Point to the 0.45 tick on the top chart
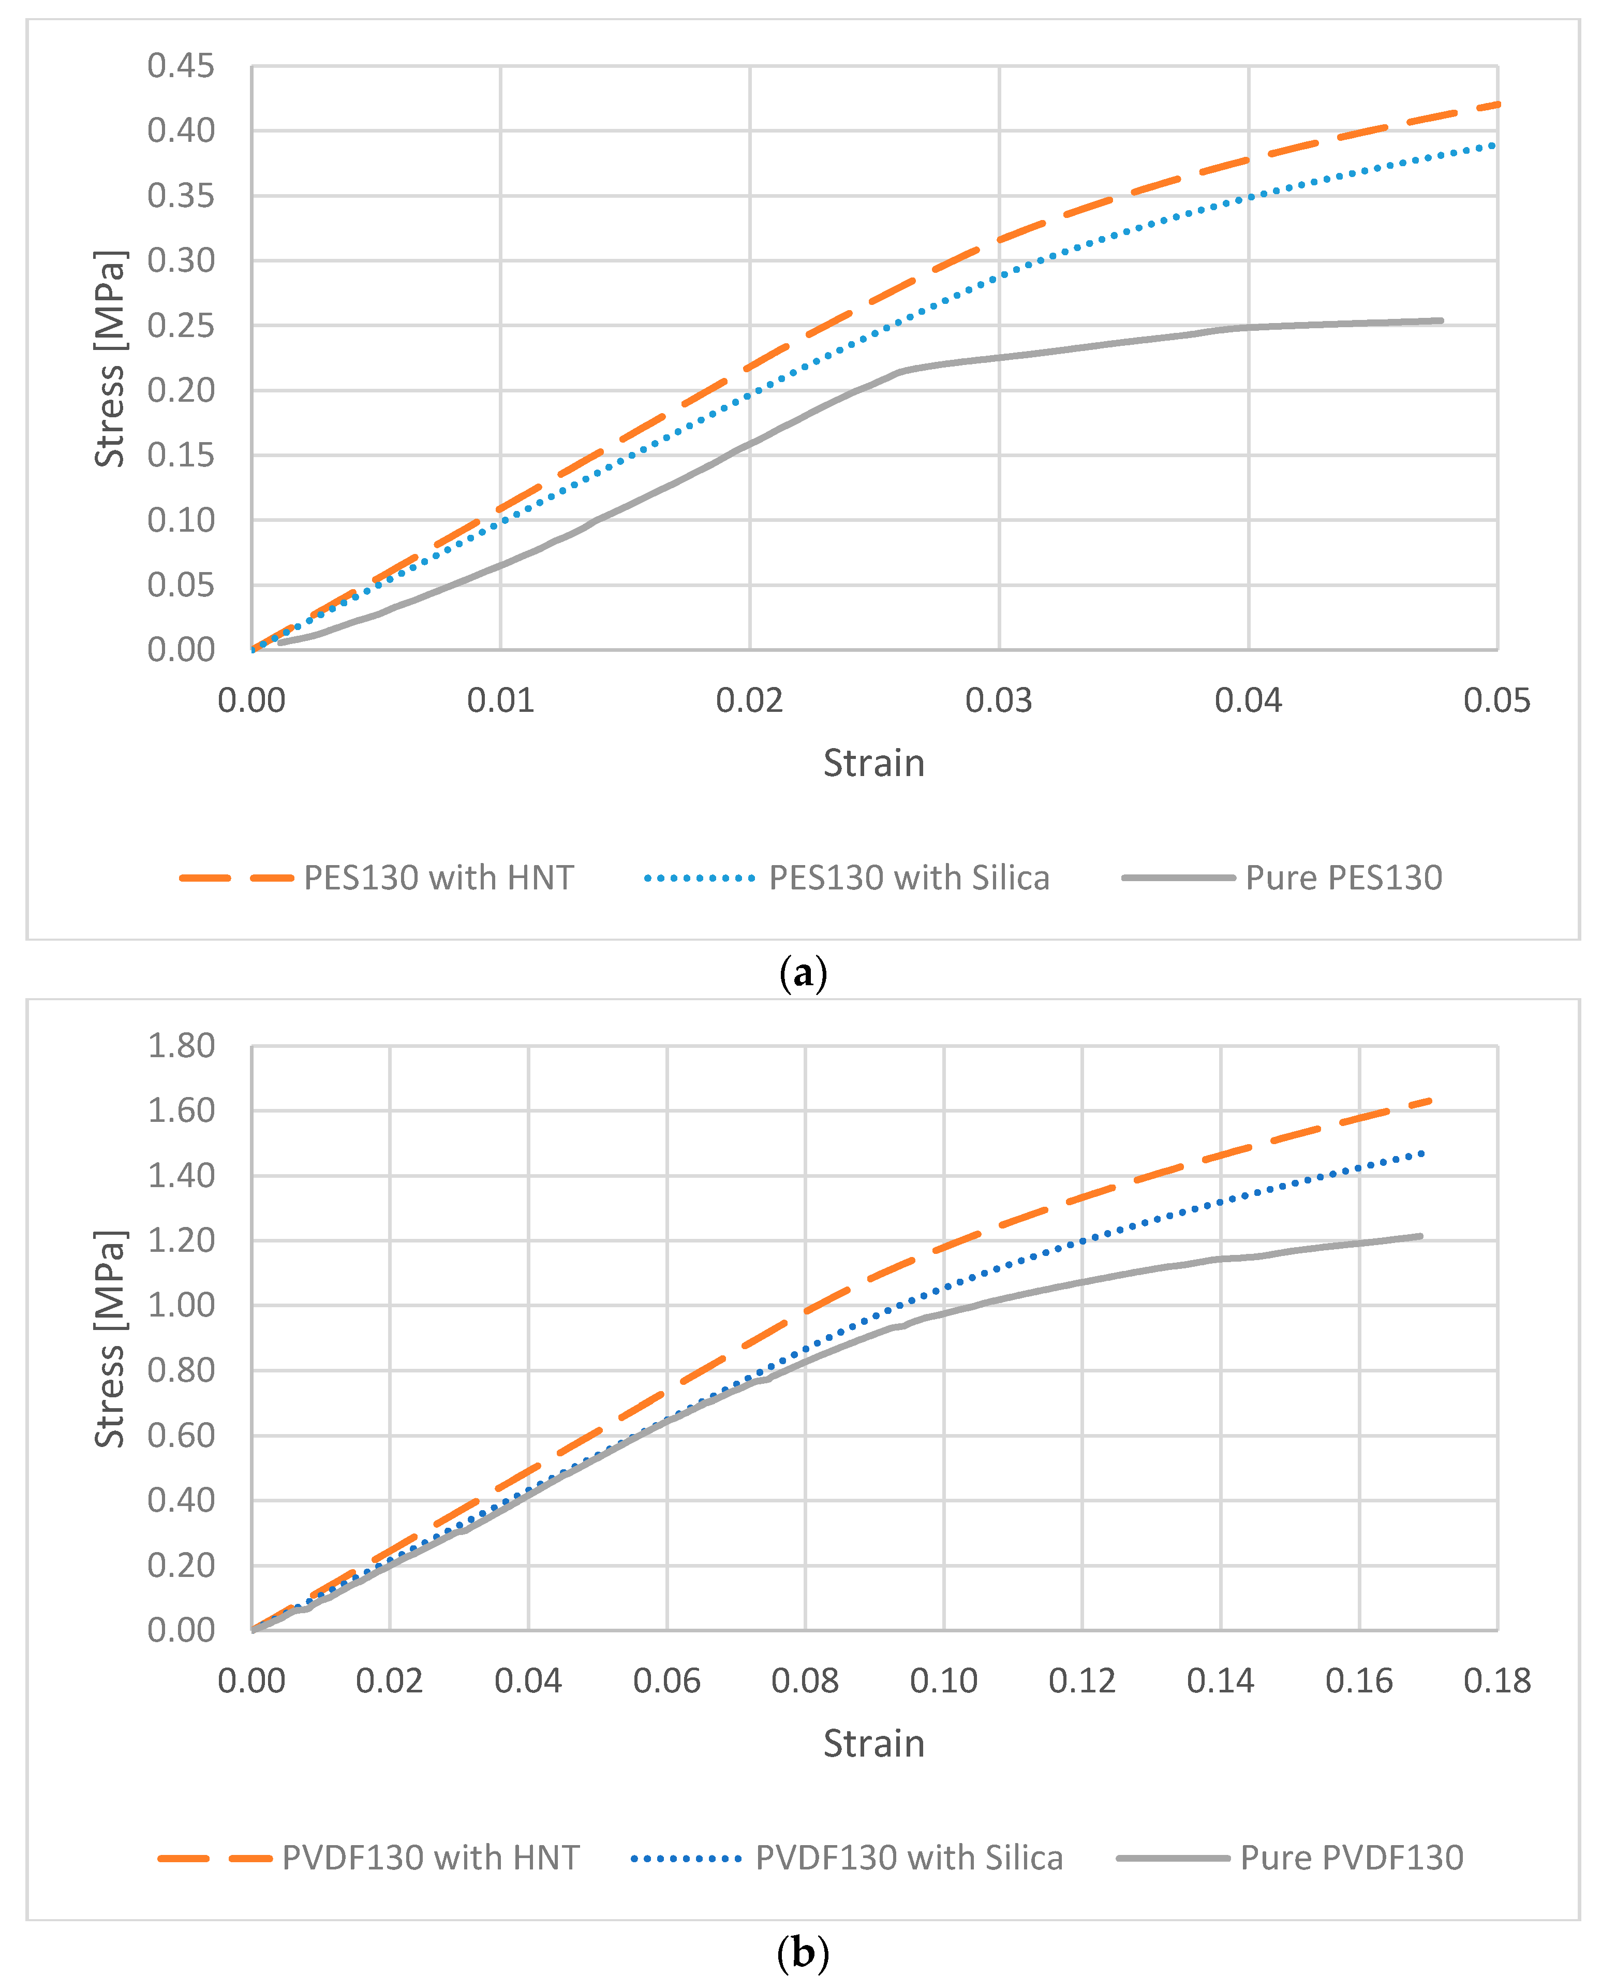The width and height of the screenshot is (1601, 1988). [x=181, y=66]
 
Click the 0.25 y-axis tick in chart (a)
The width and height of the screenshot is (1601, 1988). [x=181, y=326]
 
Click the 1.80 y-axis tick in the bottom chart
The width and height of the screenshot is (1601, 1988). [x=181, y=1046]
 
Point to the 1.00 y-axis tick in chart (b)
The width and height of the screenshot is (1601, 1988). [x=181, y=1305]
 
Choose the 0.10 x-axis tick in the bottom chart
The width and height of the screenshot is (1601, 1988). [x=943, y=1681]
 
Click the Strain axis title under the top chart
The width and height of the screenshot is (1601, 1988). [x=873, y=764]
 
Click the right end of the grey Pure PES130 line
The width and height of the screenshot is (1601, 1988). [x=1441, y=321]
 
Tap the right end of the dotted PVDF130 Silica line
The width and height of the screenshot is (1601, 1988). [x=1423, y=1153]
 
